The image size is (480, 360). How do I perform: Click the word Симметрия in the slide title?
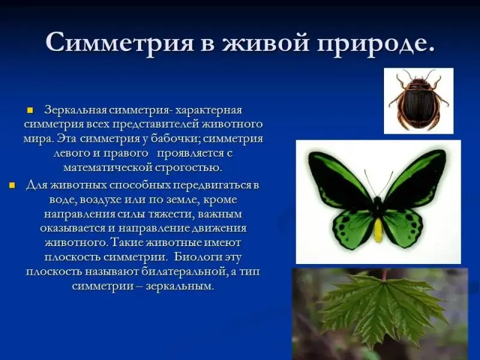(119, 41)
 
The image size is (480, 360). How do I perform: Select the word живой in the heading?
(266, 41)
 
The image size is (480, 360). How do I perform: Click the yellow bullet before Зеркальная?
(29, 110)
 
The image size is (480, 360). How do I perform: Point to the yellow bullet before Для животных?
(12, 185)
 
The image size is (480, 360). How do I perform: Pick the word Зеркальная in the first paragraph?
(75, 110)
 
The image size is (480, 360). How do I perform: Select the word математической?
(108, 168)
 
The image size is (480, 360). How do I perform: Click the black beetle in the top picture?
(418, 100)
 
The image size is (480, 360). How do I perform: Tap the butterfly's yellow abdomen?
(379, 230)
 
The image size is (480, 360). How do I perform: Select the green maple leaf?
(383, 309)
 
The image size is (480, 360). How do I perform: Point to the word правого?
(125, 154)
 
